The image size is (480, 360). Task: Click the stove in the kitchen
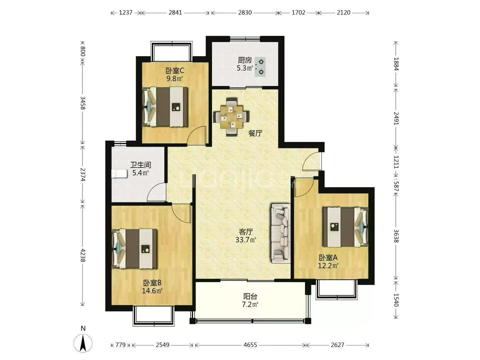tap(260, 67)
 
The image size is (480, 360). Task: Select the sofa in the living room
tap(281, 233)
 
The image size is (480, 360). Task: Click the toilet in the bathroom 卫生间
tap(119, 174)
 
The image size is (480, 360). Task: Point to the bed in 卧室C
tap(165, 107)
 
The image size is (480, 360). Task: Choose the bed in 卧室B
tap(134, 249)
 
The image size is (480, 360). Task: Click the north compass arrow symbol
tap(83, 343)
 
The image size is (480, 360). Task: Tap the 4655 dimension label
tap(250, 345)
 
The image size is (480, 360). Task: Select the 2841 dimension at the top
tap(175, 12)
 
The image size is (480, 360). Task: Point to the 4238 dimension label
tap(83, 255)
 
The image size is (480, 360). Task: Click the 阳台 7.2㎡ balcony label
tap(250, 300)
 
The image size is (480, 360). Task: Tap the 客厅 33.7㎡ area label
tap(246, 236)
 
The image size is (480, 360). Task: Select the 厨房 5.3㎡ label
tap(245, 64)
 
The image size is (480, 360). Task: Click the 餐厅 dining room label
tap(255, 133)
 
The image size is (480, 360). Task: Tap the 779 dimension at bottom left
tap(120, 345)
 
